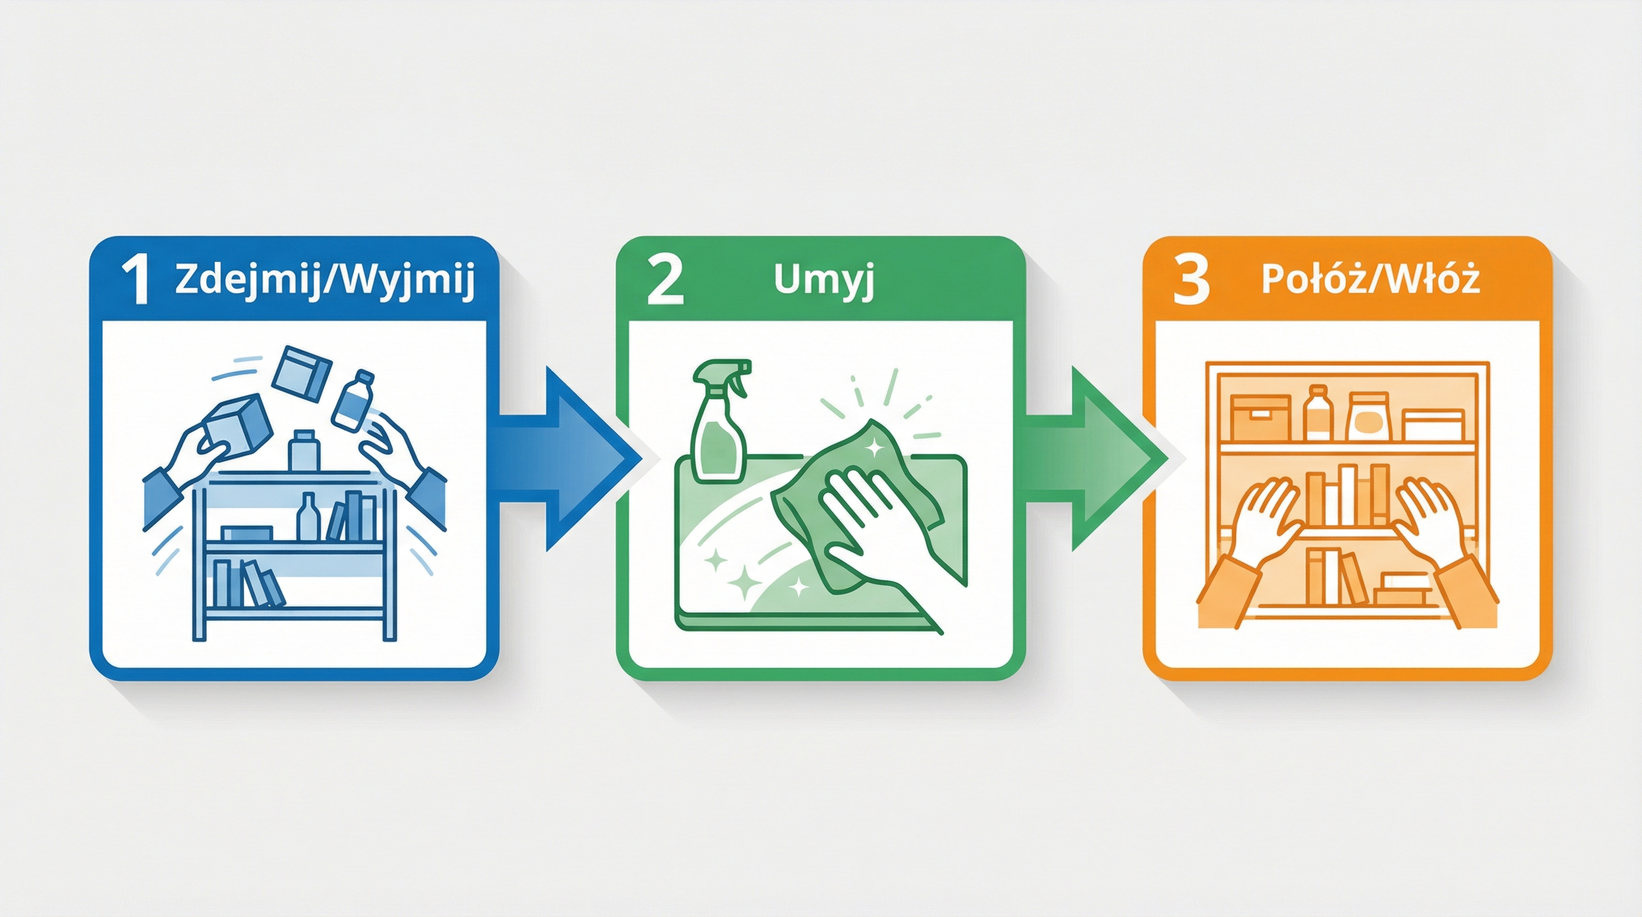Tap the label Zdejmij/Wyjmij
pyautogui.click(x=324, y=281)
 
